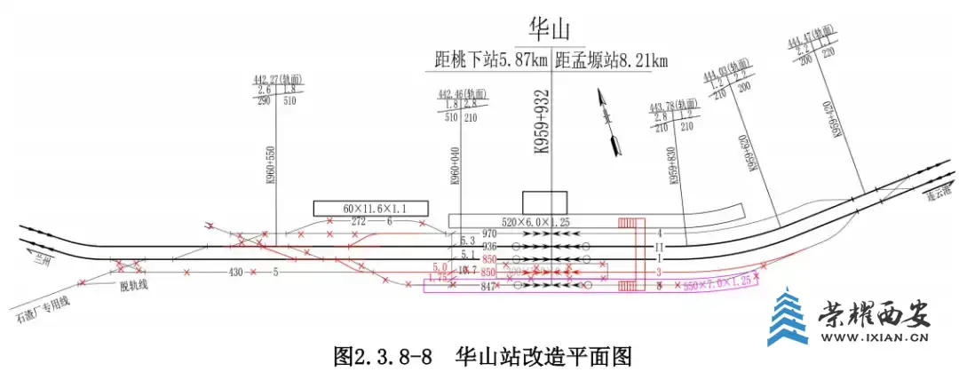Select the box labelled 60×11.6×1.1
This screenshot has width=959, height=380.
370,208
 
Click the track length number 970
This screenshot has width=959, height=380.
489,234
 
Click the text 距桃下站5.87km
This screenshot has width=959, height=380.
487,60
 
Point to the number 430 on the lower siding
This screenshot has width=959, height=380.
236,271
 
